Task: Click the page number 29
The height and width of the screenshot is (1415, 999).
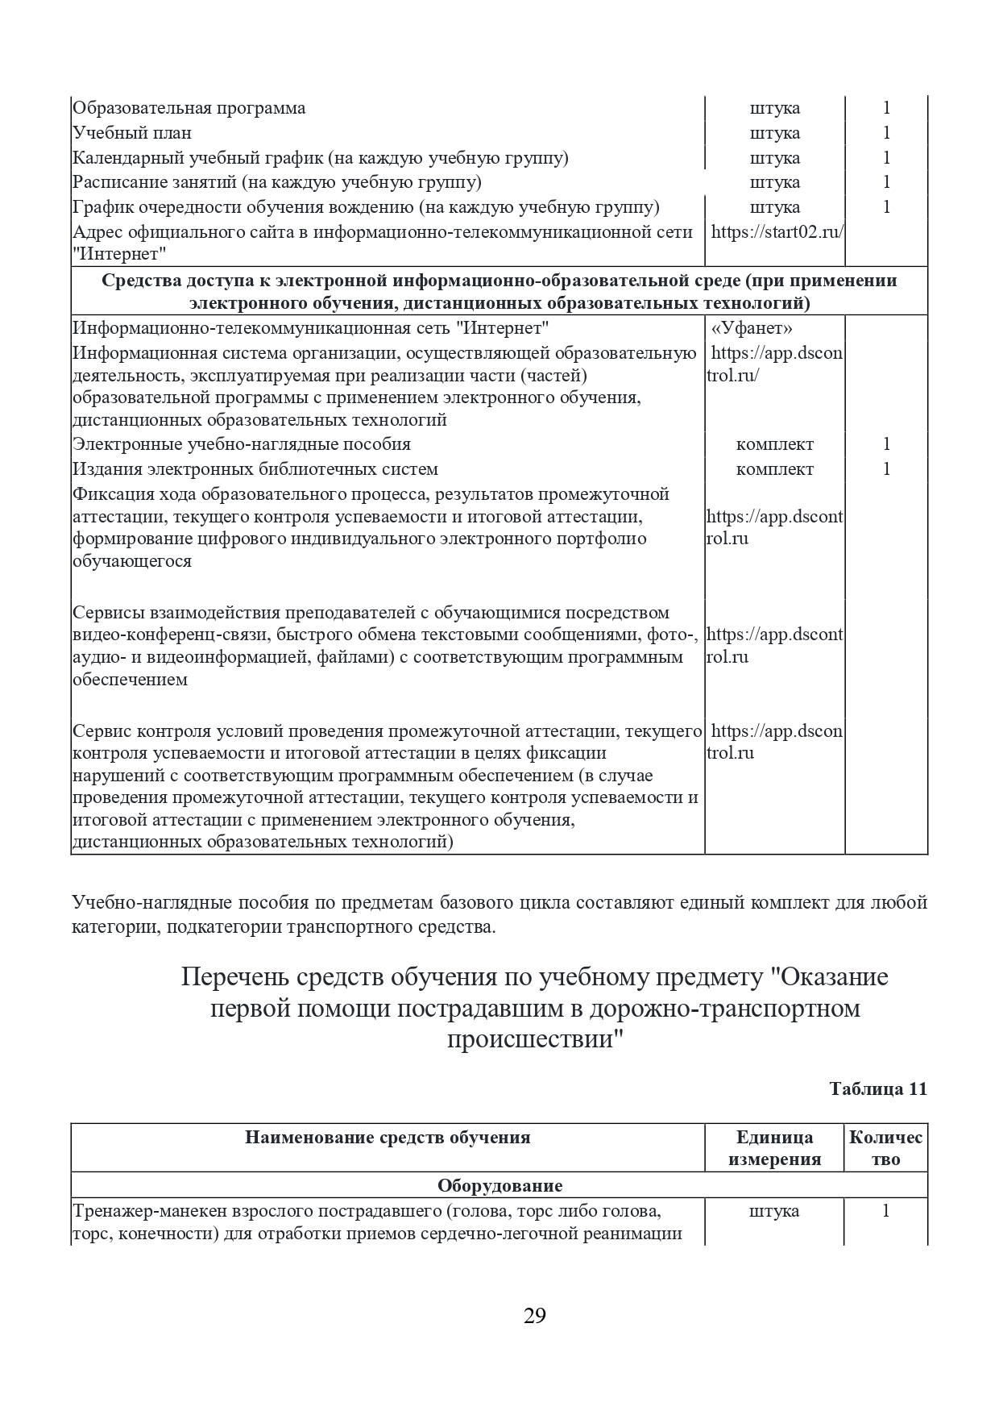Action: [535, 1317]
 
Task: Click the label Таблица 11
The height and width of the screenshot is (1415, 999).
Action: [878, 1088]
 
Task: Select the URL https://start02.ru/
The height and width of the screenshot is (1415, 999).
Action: [777, 232]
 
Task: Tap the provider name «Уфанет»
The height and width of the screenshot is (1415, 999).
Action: [752, 328]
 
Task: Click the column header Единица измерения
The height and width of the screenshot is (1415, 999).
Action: [774, 1148]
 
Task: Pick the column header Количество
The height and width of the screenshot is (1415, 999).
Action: [885, 1148]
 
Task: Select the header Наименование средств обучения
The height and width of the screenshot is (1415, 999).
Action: [388, 1138]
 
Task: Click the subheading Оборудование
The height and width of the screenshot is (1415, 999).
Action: [499, 1186]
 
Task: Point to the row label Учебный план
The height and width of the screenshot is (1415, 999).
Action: [132, 133]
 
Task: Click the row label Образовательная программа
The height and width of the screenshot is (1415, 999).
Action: [189, 108]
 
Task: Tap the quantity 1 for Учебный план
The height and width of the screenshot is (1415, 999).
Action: [886, 133]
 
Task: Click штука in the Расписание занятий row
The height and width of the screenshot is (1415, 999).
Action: [774, 182]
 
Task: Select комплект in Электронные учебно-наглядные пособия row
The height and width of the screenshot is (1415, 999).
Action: [774, 444]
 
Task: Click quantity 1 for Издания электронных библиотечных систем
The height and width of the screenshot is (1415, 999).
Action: [886, 469]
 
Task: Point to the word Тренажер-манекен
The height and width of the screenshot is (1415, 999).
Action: [150, 1211]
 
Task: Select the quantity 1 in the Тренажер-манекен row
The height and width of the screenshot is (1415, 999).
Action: [886, 1211]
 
